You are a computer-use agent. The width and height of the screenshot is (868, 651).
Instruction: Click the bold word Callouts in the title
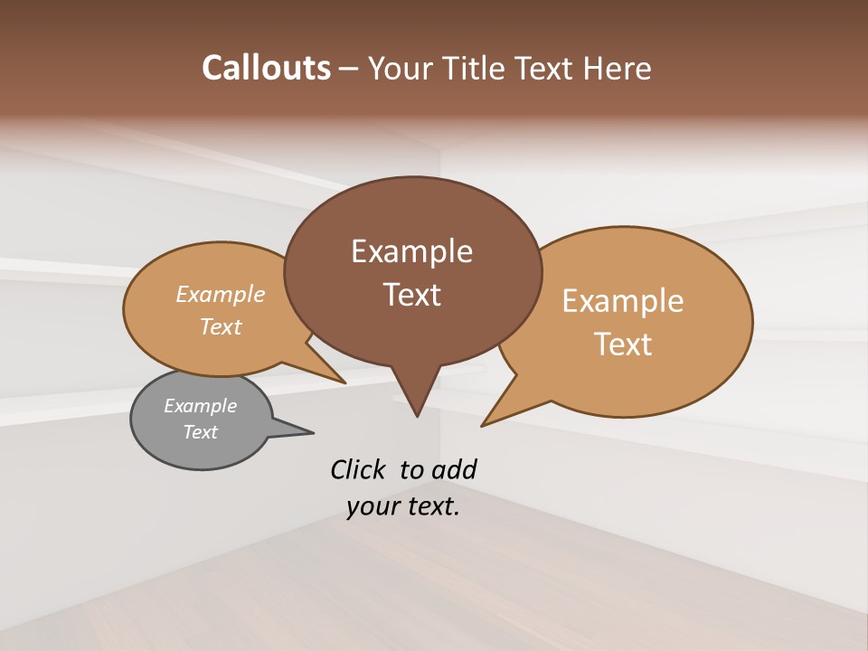[x=266, y=68]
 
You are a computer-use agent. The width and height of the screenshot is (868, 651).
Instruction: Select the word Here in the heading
[x=618, y=68]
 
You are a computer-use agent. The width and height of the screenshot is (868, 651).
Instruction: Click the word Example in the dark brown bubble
[x=411, y=251]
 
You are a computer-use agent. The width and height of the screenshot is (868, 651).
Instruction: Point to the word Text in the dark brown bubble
[x=411, y=295]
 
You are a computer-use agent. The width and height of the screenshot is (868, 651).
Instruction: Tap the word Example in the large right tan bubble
[x=623, y=301]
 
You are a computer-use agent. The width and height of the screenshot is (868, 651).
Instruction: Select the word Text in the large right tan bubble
[x=623, y=344]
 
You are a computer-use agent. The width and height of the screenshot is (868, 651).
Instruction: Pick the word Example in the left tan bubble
[x=221, y=294]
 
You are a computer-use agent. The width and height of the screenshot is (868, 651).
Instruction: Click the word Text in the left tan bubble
[x=221, y=326]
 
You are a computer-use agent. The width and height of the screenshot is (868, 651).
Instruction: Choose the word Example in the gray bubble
[x=200, y=406]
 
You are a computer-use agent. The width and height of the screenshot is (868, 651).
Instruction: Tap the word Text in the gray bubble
[x=200, y=432]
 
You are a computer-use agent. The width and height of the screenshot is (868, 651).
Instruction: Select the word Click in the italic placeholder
[x=358, y=470]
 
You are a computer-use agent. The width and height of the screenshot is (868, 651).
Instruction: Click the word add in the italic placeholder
[x=454, y=470]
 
